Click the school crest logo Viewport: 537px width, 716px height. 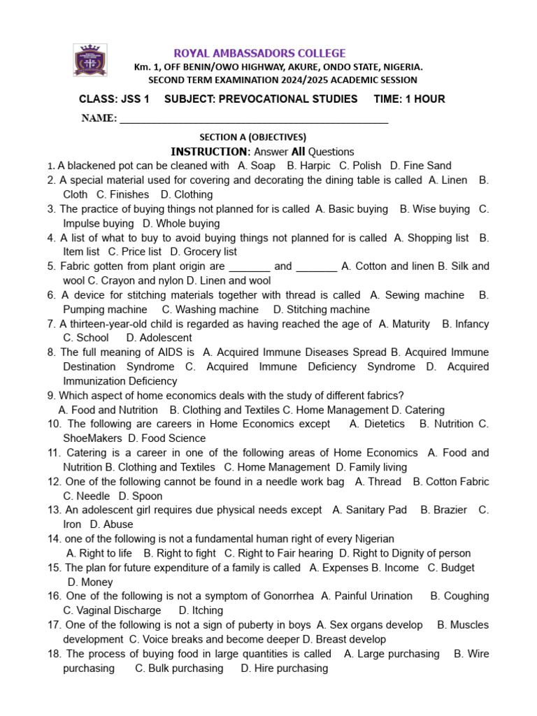[90, 59]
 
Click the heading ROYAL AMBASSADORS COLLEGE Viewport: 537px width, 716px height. [259, 53]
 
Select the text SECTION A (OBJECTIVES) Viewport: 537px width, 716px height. [253, 137]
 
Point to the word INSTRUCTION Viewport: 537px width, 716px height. [209, 152]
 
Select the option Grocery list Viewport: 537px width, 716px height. [209, 252]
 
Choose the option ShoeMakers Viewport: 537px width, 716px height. [92, 438]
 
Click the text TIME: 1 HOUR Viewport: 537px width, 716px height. [409, 99]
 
